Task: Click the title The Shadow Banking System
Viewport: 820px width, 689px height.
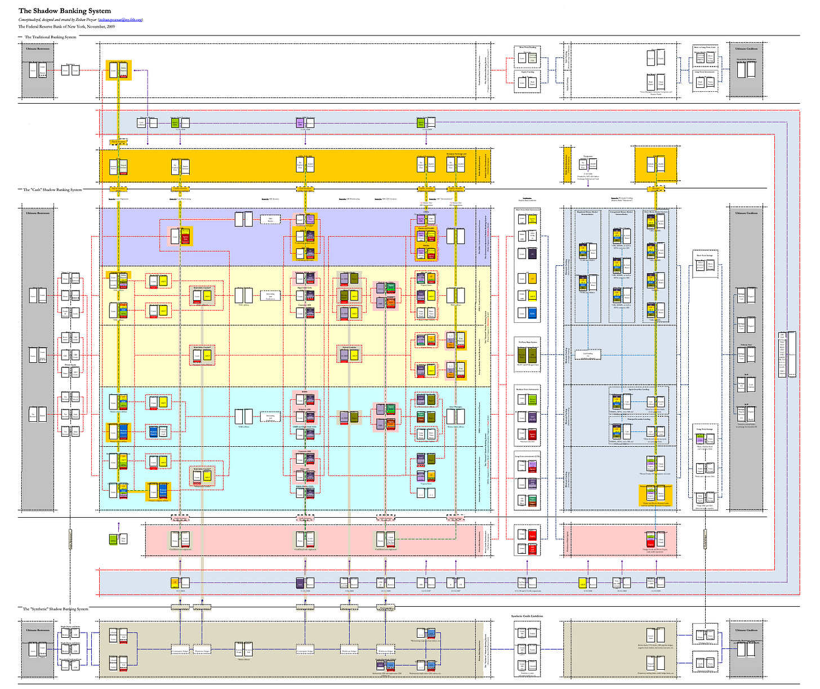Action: point(65,11)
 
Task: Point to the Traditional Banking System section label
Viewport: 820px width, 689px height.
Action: point(50,37)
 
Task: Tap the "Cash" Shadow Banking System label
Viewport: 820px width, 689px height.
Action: point(52,190)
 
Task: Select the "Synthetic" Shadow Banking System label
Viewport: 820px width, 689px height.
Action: point(55,609)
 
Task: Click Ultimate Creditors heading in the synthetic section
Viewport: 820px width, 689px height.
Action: point(746,630)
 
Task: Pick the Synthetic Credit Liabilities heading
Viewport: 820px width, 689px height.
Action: point(527,616)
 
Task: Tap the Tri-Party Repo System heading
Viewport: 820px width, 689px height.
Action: point(527,341)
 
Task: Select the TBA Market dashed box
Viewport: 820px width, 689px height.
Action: point(270,219)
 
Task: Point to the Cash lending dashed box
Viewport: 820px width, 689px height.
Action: point(588,355)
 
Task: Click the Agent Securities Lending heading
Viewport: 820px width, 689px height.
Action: point(639,389)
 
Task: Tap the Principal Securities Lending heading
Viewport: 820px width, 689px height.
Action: point(639,419)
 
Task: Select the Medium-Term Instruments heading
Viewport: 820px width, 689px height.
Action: point(527,389)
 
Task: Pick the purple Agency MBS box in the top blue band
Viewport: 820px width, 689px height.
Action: point(300,122)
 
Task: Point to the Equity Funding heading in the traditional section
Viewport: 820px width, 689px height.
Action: point(527,72)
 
